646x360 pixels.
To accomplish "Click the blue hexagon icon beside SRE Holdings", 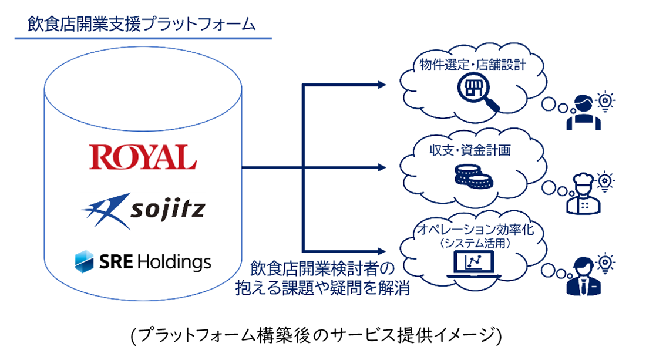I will pyautogui.click(x=86, y=261).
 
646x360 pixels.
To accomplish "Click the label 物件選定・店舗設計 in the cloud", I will pyautogui.click(x=472, y=64).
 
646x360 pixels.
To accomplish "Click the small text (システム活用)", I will pyautogui.click(x=473, y=241).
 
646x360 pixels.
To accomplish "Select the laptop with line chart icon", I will pyautogui.click(x=473, y=264).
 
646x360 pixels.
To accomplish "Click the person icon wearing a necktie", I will pyautogui.click(x=581, y=277).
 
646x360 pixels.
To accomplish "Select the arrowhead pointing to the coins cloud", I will pyautogui.click(x=382, y=167).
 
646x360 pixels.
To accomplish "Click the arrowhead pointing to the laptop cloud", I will pyautogui.click(x=382, y=250).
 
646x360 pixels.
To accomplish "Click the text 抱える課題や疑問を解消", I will pyautogui.click(x=322, y=290).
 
